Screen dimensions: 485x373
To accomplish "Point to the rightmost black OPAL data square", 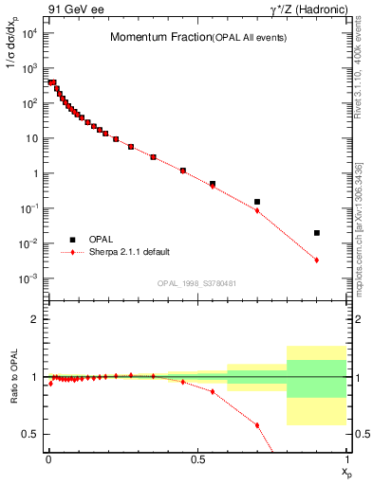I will click(317, 232).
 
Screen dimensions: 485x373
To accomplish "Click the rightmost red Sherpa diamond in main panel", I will click(317, 260).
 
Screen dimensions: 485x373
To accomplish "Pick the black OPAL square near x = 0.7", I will click(257, 202).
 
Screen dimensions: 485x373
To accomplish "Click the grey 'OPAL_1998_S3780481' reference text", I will click(197, 283).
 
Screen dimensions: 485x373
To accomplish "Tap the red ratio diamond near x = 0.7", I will click(257, 425).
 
